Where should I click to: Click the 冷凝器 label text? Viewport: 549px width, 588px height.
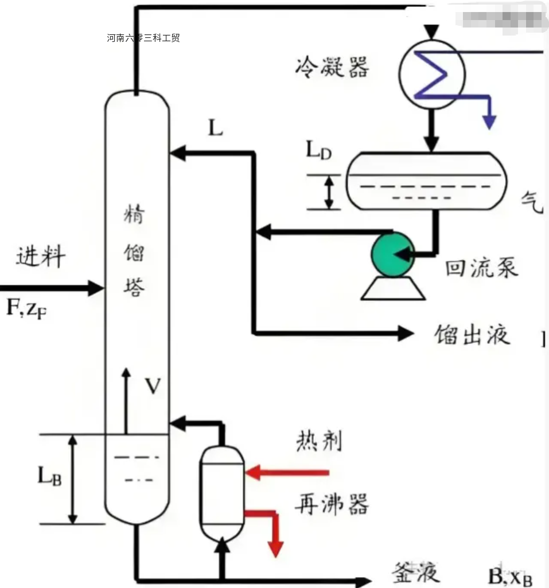[x=332, y=67]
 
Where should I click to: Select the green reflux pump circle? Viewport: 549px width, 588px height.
[x=393, y=253]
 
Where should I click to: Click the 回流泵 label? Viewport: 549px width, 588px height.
[x=481, y=267]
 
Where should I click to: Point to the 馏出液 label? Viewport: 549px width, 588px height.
[x=472, y=334]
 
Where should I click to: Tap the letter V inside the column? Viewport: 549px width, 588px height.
[x=152, y=387]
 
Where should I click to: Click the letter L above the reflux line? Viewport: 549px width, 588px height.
[x=215, y=129]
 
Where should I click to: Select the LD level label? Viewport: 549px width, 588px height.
[x=318, y=152]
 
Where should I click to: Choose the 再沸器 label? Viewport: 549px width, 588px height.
[x=331, y=504]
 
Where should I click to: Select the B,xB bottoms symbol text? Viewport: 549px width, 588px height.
[x=510, y=576]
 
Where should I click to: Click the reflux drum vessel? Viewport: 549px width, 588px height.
[x=427, y=181]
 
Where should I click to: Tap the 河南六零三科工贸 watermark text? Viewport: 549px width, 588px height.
[x=143, y=38]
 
